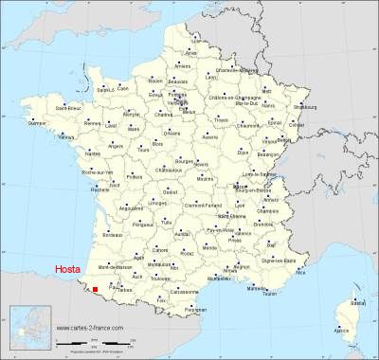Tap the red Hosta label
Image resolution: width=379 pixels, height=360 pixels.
[x=68, y=268]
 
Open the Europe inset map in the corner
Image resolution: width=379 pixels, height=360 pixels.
[x=27, y=332]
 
